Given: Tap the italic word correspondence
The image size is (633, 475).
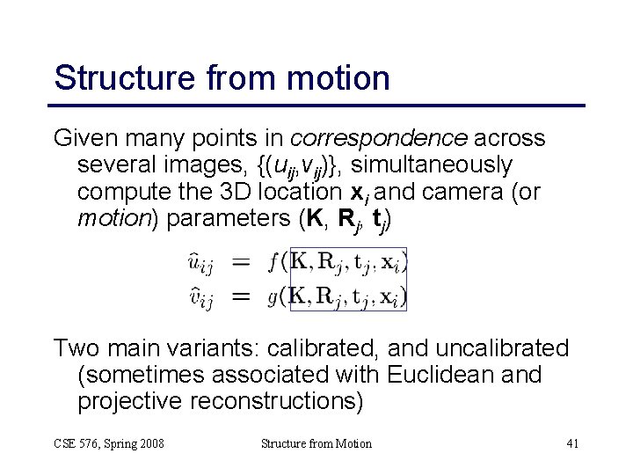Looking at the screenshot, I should [378, 139].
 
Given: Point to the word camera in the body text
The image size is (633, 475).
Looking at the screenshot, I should [465, 192].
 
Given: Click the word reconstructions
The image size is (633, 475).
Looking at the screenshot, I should [276, 401].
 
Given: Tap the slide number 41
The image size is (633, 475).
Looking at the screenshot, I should [572, 443].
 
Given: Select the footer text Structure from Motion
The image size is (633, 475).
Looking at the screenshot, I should [316, 443].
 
